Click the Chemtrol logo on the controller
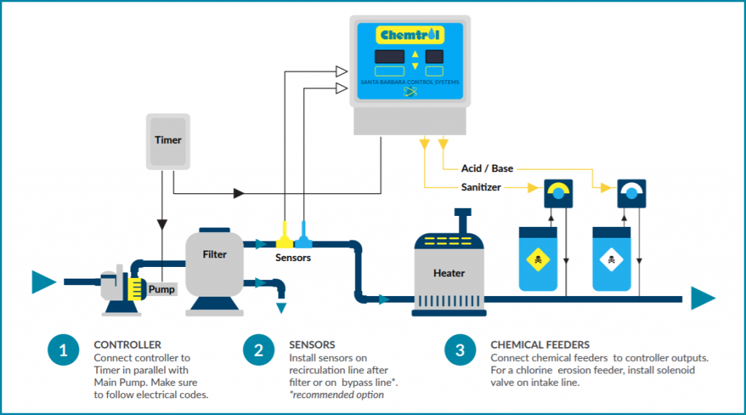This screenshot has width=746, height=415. coord(412,35)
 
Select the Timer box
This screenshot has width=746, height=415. coord(168,140)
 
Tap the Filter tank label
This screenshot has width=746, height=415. coord(215,255)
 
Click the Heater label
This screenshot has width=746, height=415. coord(449,273)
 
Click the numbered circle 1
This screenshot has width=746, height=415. coord(63,350)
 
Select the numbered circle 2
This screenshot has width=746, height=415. coord(259,350)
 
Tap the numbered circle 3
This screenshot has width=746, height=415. coord(460,350)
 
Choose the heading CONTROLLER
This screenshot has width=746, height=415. coord(127,345)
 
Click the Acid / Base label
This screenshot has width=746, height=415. coord(487,168)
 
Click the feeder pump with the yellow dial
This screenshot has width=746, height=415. coord(558,193)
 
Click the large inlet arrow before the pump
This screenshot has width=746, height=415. coord(43,281)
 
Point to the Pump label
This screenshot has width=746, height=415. coord(162,289)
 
